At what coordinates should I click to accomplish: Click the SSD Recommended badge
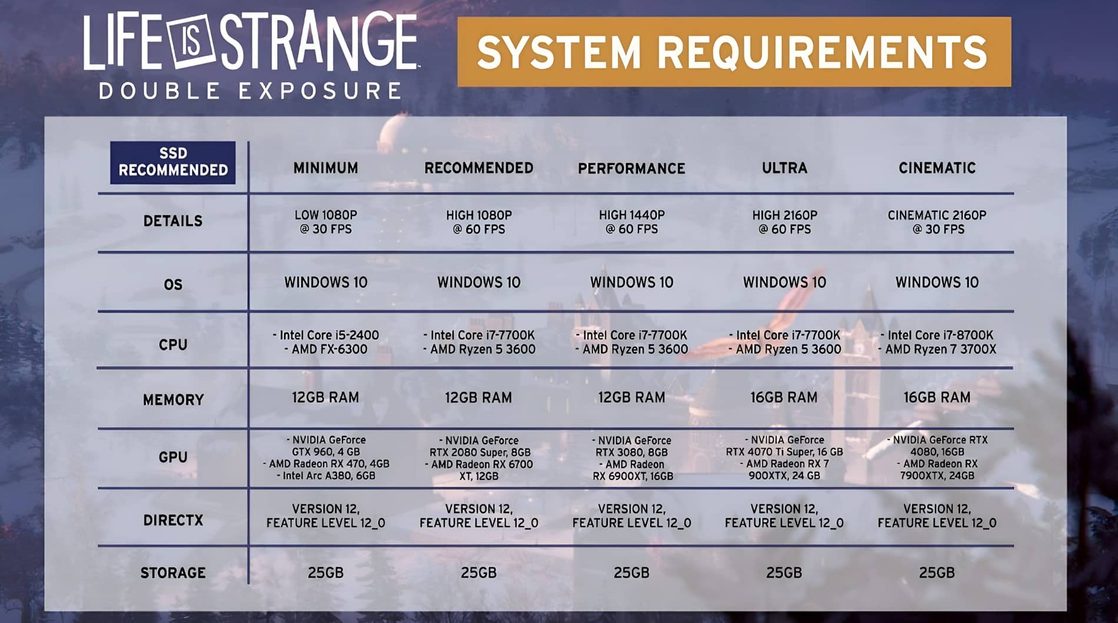click(x=172, y=162)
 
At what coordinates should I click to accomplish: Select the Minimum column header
click(x=325, y=168)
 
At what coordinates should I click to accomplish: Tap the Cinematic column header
click(x=937, y=168)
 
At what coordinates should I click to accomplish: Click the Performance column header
click(x=631, y=169)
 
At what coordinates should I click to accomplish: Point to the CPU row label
click(x=173, y=345)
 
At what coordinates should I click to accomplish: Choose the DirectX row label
click(x=173, y=520)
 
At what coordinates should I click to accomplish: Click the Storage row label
click(x=173, y=573)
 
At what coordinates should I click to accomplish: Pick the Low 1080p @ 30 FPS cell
click(x=325, y=222)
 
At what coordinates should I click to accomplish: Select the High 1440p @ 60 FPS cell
click(x=631, y=222)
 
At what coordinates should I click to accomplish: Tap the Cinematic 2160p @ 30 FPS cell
click(x=937, y=222)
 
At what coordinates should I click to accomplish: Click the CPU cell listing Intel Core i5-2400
click(x=325, y=342)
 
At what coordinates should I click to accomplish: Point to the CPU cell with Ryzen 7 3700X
click(x=937, y=342)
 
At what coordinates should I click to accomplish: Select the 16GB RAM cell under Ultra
click(x=784, y=398)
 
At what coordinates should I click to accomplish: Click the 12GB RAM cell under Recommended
click(x=478, y=398)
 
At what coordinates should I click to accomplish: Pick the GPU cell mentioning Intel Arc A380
click(x=325, y=458)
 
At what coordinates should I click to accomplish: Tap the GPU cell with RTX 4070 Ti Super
click(x=784, y=458)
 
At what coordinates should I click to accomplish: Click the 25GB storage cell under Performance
click(x=631, y=573)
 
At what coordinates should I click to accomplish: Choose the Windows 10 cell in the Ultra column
click(x=784, y=282)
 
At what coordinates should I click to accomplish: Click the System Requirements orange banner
click(x=734, y=52)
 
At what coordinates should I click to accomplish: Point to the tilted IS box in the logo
click(x=192, y=43)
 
